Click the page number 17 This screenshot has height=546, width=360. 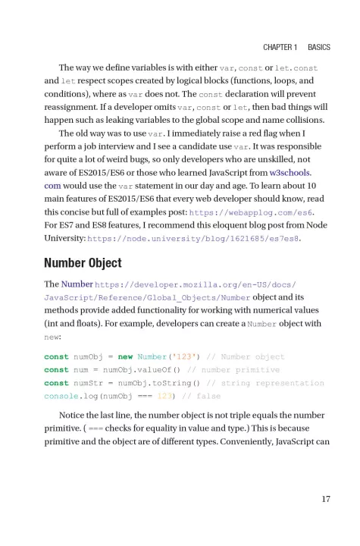click(x=324, y=498)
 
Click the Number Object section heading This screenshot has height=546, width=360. click(x=84, y=263)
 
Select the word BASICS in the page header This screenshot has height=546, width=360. click(x=319, y=47)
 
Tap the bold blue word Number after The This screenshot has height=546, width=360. click(x=77, y=284)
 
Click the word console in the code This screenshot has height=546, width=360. click(x=61, y=397)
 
